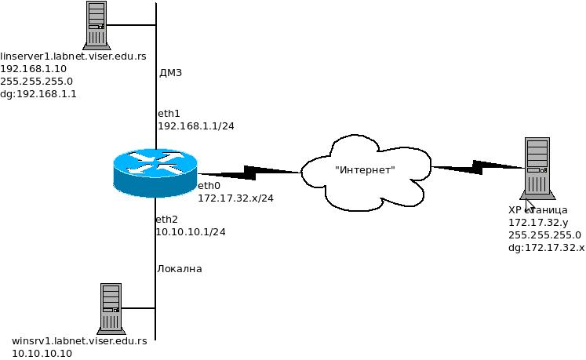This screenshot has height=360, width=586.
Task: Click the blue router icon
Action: point(156,173)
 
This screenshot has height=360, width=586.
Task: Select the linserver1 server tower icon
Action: point(96,26)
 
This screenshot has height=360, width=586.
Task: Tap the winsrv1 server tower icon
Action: point(110,308)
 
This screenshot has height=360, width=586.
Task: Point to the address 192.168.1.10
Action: point(33,68)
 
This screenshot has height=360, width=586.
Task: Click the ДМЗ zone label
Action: point(170,73)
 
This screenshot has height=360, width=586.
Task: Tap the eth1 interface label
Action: point(168,114)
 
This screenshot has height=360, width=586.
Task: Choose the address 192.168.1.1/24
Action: point(191,125)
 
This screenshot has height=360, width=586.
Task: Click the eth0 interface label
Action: point(209,186)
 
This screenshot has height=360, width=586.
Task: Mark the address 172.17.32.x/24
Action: point(235,198)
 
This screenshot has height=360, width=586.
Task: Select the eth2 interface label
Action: point(167,220)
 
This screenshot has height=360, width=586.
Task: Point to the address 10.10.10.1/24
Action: point(191,232)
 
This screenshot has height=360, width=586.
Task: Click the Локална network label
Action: point(180,269)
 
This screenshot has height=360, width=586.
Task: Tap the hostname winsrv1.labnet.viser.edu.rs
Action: point(79,341)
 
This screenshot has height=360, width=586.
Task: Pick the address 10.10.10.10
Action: point(42,354)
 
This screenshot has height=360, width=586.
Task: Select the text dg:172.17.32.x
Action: point(546,247)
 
